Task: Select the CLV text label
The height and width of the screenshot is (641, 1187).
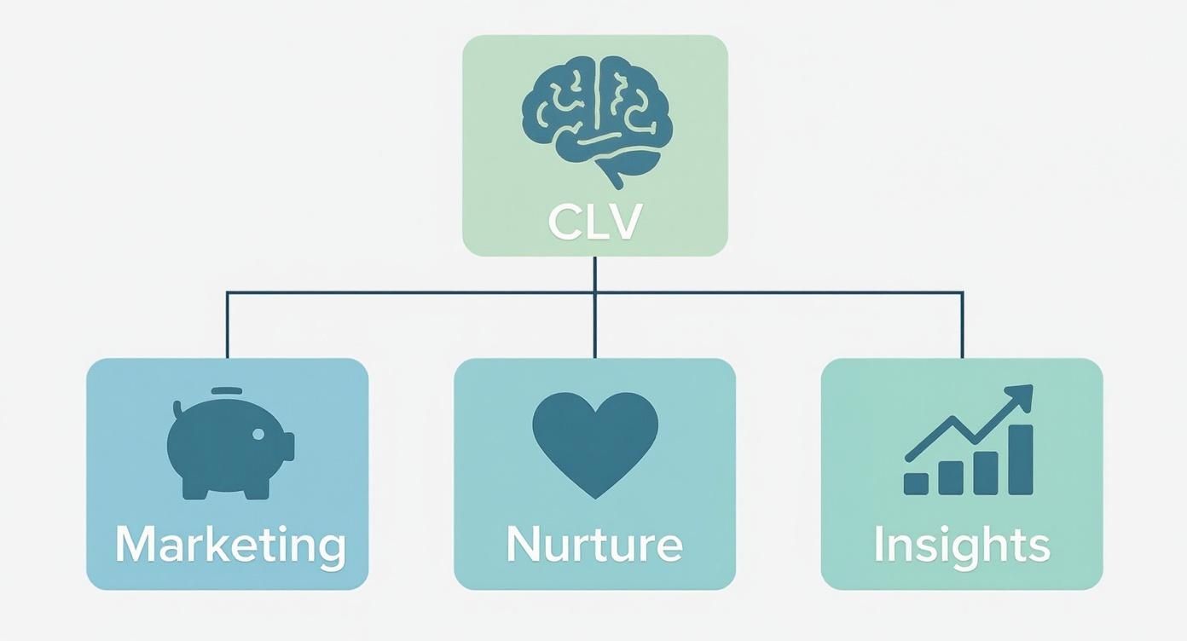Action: pos(594,222)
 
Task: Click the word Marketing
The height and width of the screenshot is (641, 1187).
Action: pos(230,545)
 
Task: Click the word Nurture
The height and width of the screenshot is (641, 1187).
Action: pos(594,545)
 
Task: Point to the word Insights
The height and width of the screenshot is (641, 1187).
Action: pos(961,545)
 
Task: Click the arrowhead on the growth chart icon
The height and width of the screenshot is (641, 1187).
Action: pos(1022,396)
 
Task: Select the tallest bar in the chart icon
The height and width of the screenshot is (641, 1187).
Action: pos(1020,459)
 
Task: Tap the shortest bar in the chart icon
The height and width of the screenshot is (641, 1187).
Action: pos(916,483)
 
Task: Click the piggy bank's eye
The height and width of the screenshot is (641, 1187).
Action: pos(258,434)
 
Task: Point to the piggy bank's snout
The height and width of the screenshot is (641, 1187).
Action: pos(287,446)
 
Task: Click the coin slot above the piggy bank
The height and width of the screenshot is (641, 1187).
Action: pos(226,391)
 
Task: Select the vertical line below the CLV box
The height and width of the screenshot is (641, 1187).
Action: pos(594,274)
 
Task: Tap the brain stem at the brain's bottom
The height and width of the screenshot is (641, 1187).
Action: pos(613,177)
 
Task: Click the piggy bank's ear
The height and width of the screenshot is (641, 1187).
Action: pos(178,410)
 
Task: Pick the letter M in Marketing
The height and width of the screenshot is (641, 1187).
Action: pos(136,545)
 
